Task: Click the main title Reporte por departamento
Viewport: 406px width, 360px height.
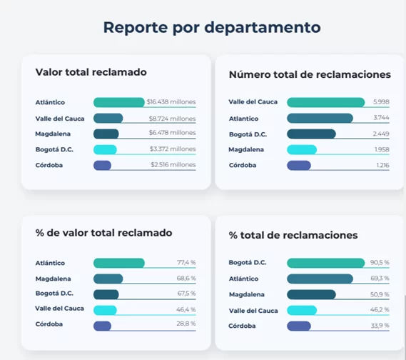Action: click(212, 28)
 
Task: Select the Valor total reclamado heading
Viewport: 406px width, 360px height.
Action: click(91, 72)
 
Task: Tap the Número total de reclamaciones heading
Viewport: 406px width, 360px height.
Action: click(310, 74)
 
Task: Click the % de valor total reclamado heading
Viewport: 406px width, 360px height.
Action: click(103, 233)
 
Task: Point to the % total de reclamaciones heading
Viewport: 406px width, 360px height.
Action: click(293, 235)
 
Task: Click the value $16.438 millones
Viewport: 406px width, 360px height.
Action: click(171, 102)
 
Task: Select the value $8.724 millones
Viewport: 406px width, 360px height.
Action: click(172, 118)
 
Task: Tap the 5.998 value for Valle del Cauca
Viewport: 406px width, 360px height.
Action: click(381, 102)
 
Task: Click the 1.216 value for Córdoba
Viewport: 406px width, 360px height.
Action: click(382, 165)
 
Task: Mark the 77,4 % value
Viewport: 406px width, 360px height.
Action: click(186, 263)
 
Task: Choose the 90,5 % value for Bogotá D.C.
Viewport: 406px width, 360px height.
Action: click(380, 263)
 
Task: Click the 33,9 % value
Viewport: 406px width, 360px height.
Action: click(380, 326)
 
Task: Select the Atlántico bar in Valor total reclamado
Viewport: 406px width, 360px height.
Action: click(119, 102)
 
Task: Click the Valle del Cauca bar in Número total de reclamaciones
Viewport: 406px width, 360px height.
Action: click(325, 102)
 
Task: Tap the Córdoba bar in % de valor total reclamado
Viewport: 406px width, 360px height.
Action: click(102, 326)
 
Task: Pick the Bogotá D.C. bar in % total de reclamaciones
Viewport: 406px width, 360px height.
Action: click(325, 263)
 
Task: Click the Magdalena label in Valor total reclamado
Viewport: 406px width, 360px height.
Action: click(56, 134)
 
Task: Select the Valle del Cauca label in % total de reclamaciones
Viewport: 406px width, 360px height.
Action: click(253, 310)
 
